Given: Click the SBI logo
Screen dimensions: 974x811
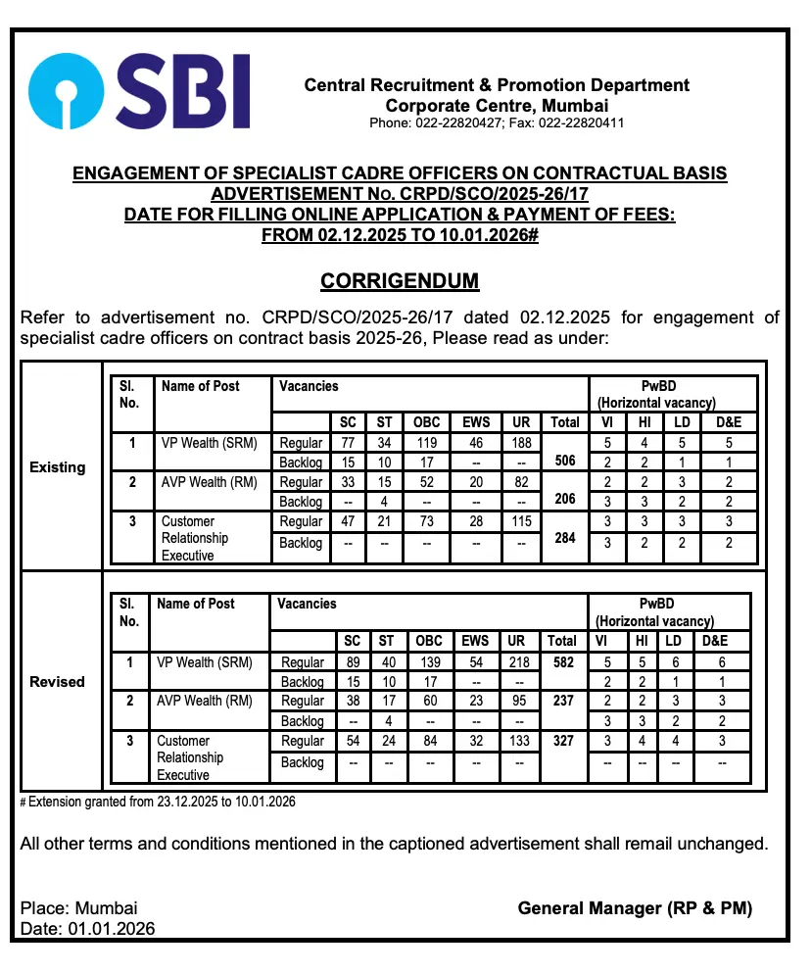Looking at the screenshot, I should [x=138, y=92].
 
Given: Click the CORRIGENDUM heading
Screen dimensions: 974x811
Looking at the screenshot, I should [x=400, y=281].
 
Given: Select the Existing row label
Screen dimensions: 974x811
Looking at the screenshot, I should [x=58, y=467].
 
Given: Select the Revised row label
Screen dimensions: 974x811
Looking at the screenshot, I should [x=58, y=681].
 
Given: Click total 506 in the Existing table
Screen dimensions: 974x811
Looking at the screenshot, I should [x=564, y=461].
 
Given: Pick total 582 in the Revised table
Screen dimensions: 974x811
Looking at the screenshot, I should [x=562, y=662].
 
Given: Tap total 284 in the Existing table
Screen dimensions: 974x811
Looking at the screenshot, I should [x=564, y=538].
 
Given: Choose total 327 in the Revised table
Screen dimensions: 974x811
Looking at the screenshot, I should [x=562, y=741].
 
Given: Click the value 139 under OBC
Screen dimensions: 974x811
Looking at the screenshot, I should [x=429, y=662].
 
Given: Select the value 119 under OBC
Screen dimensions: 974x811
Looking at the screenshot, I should [x=426, y=443].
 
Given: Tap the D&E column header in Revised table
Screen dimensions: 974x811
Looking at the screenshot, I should [x=721, y=641].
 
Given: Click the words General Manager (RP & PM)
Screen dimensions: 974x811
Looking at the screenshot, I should [x=635, y=908].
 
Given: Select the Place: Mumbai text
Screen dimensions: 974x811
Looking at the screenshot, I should [x=78, y=908].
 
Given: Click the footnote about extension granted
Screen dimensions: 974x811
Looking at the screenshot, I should [x=158, y=802].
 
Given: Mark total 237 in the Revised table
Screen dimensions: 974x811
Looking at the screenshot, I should [x=562, y=701].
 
